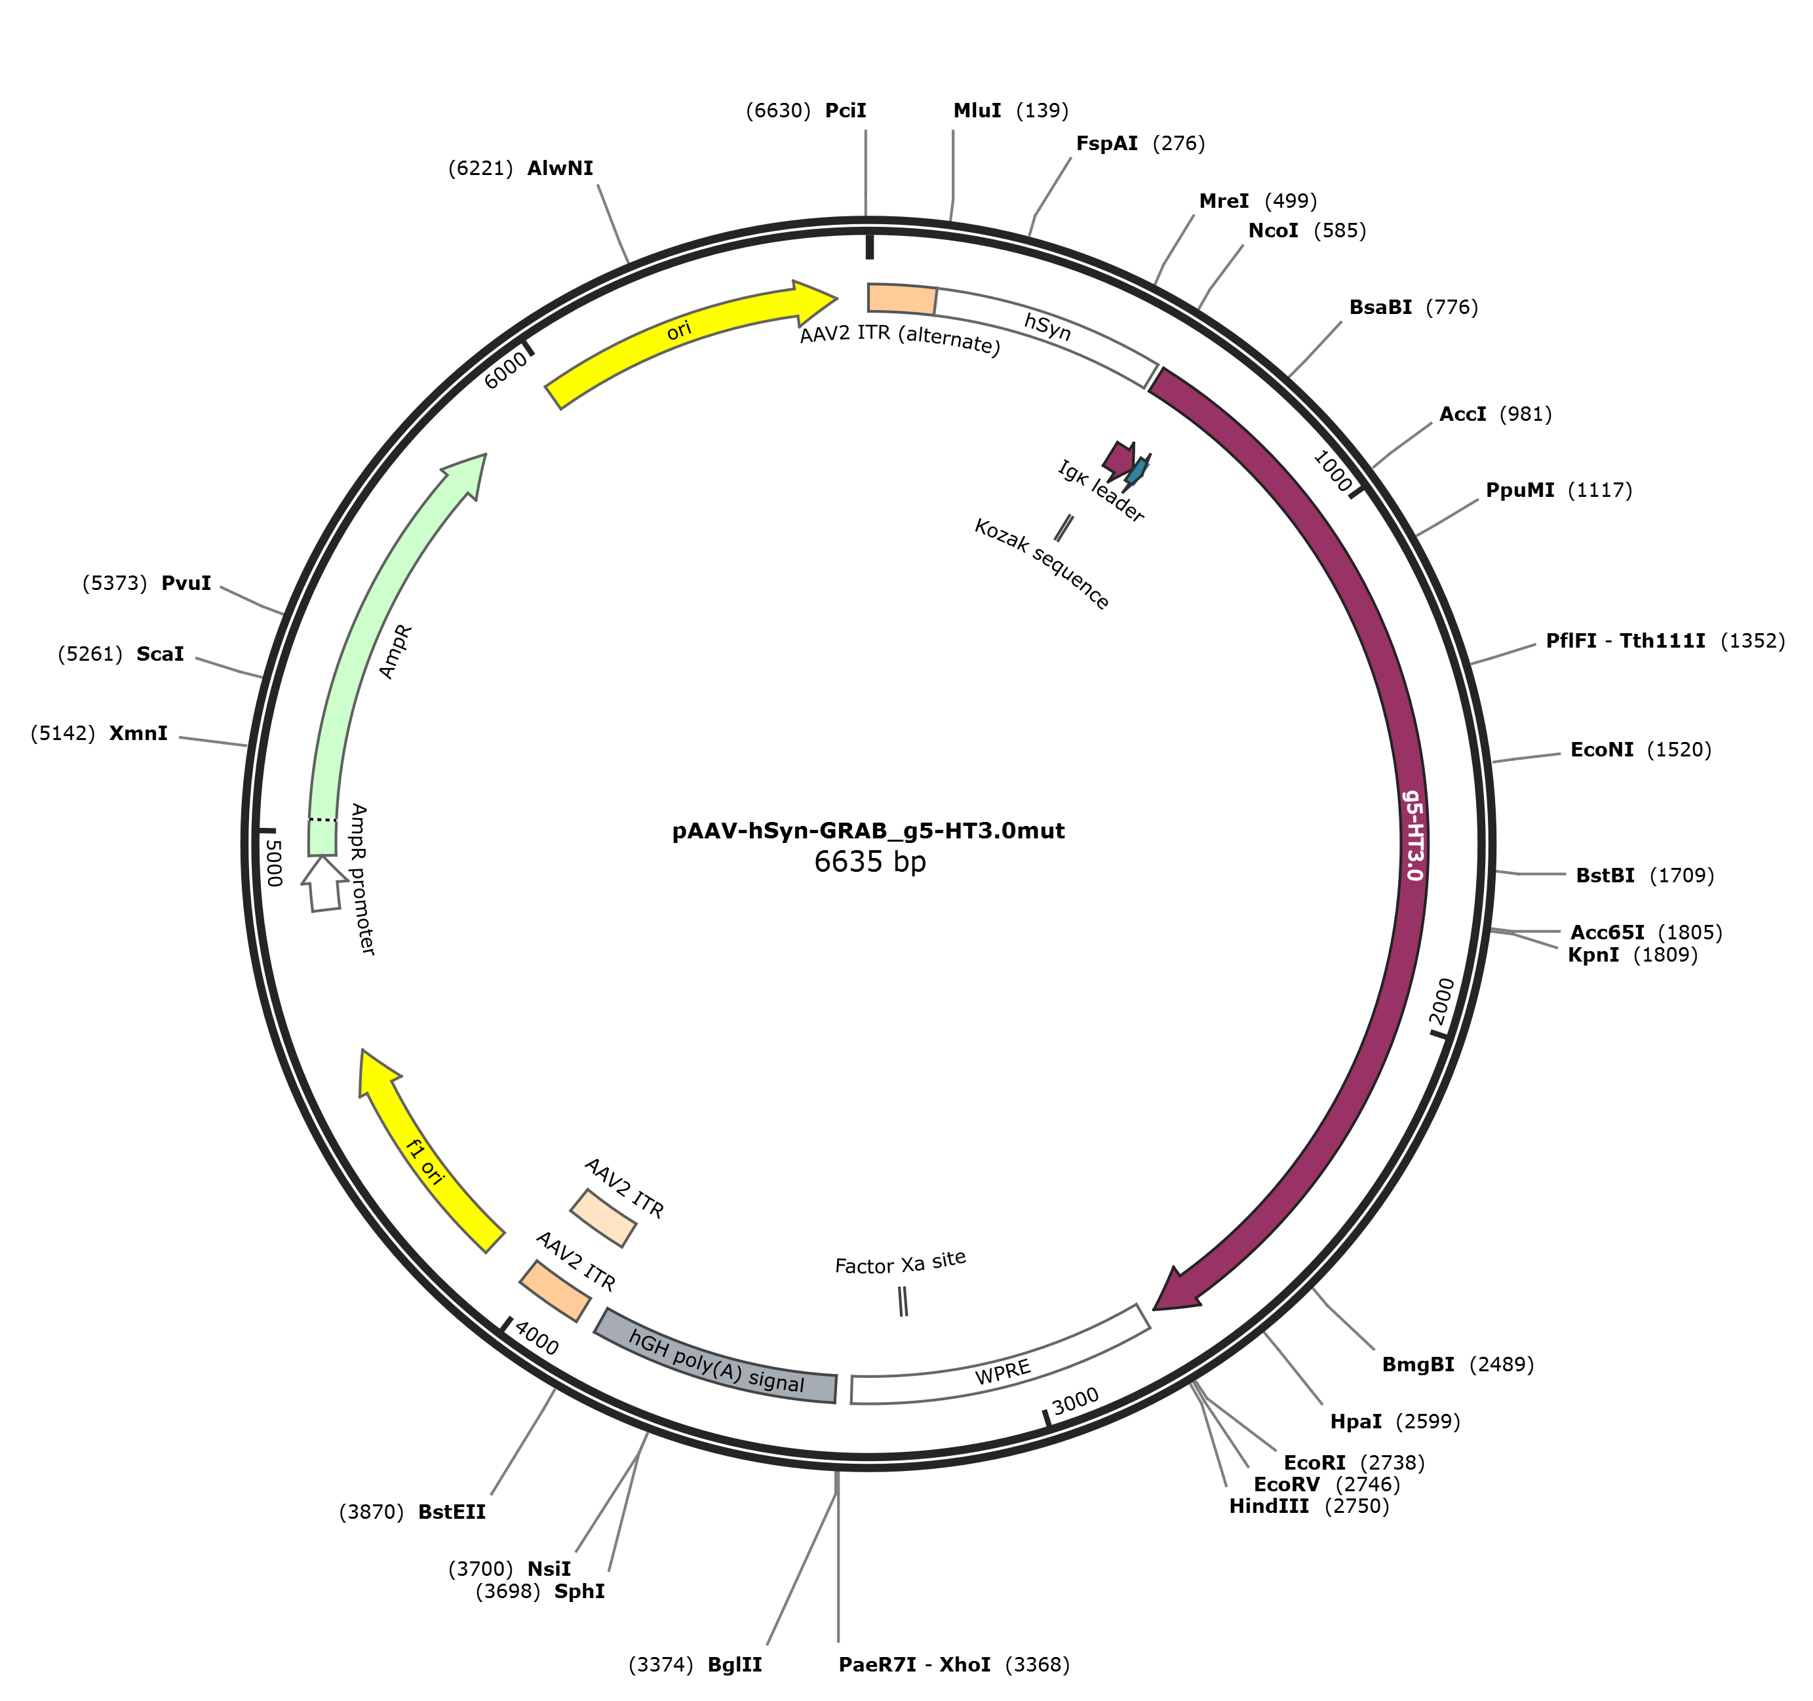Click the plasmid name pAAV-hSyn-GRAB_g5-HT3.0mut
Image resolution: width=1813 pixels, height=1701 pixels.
click(x=868, y=831)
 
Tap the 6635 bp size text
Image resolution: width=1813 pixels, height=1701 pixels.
click(x=870, y=862)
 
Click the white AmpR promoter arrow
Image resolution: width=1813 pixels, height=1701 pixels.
click(x=324, y=883)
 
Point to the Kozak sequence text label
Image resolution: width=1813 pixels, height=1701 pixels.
click(x=1042, y=564)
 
